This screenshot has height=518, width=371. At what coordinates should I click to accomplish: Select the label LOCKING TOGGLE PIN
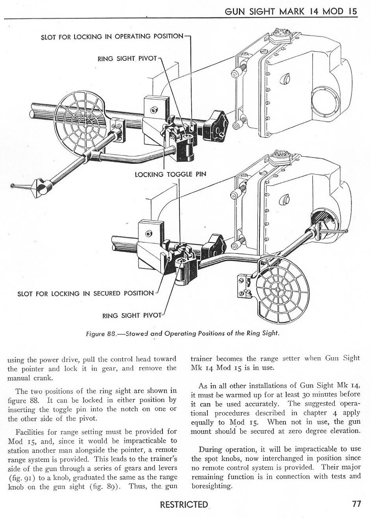(x=170, y=174)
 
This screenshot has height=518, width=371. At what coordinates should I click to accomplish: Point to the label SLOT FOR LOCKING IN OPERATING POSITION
(x=112, y=37)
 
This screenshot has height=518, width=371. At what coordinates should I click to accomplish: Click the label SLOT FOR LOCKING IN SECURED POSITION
(x=86, y=293)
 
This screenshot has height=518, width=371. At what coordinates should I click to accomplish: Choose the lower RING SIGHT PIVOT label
(x=132, y=315)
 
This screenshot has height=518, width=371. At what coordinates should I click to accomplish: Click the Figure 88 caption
(x=183, y=333)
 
